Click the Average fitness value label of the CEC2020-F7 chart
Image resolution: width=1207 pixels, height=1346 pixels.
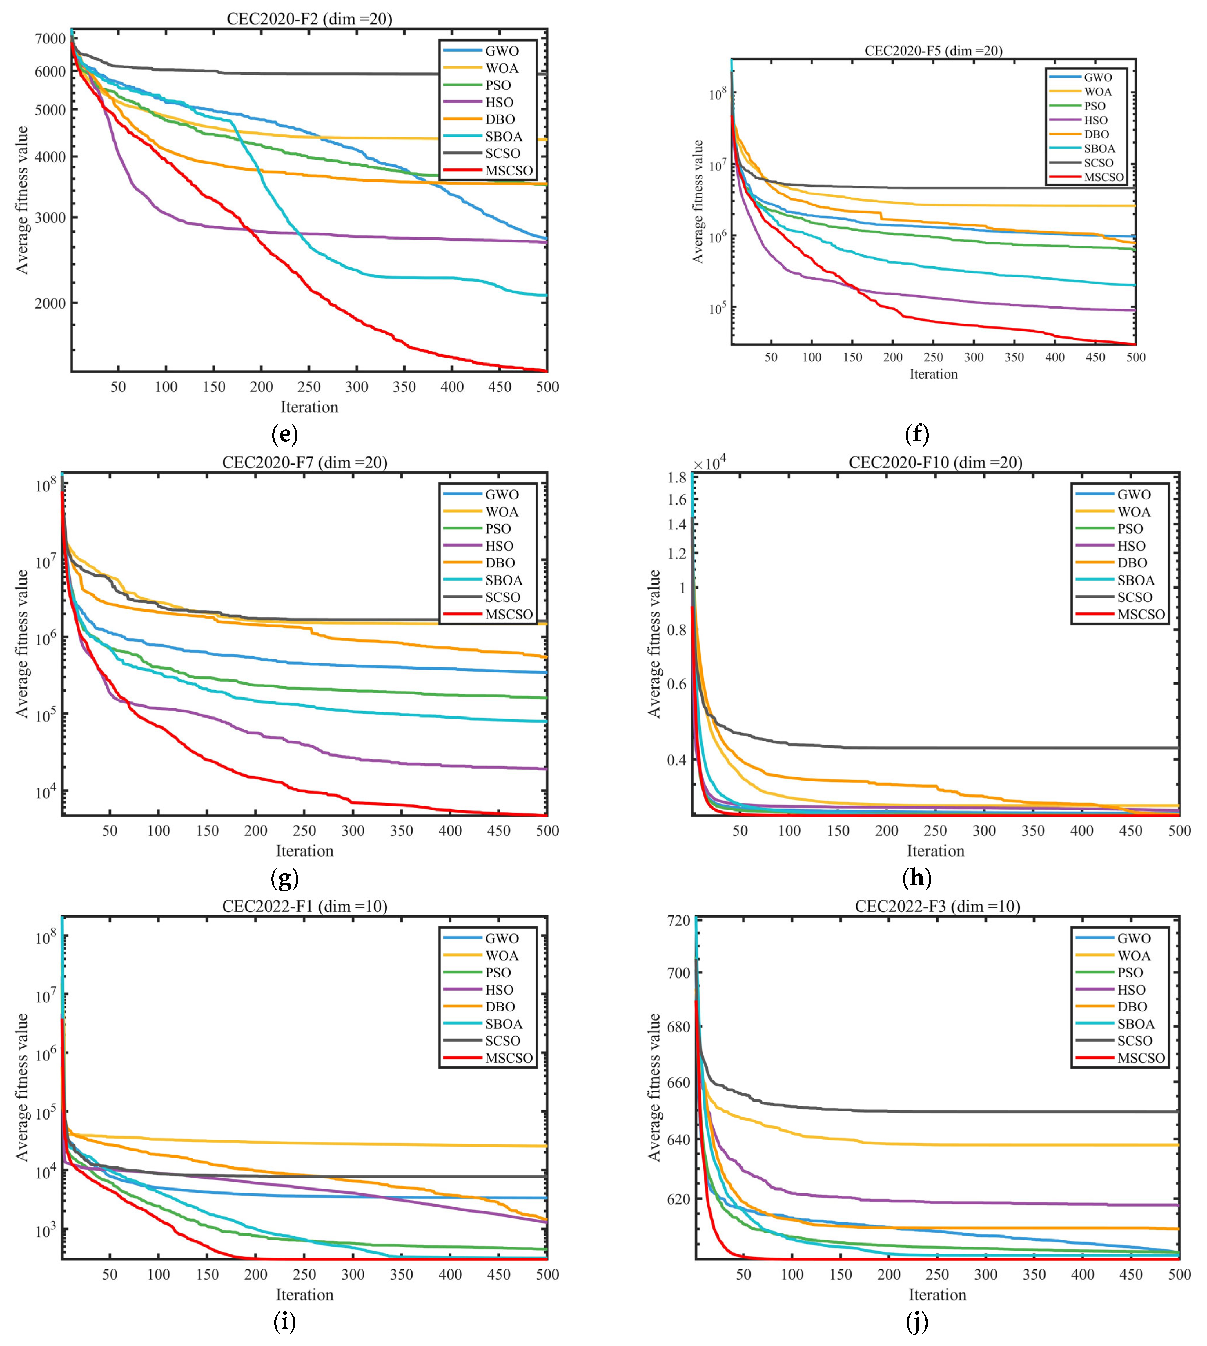[23, 643]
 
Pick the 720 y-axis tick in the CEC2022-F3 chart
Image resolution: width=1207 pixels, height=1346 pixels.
[678, 921]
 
